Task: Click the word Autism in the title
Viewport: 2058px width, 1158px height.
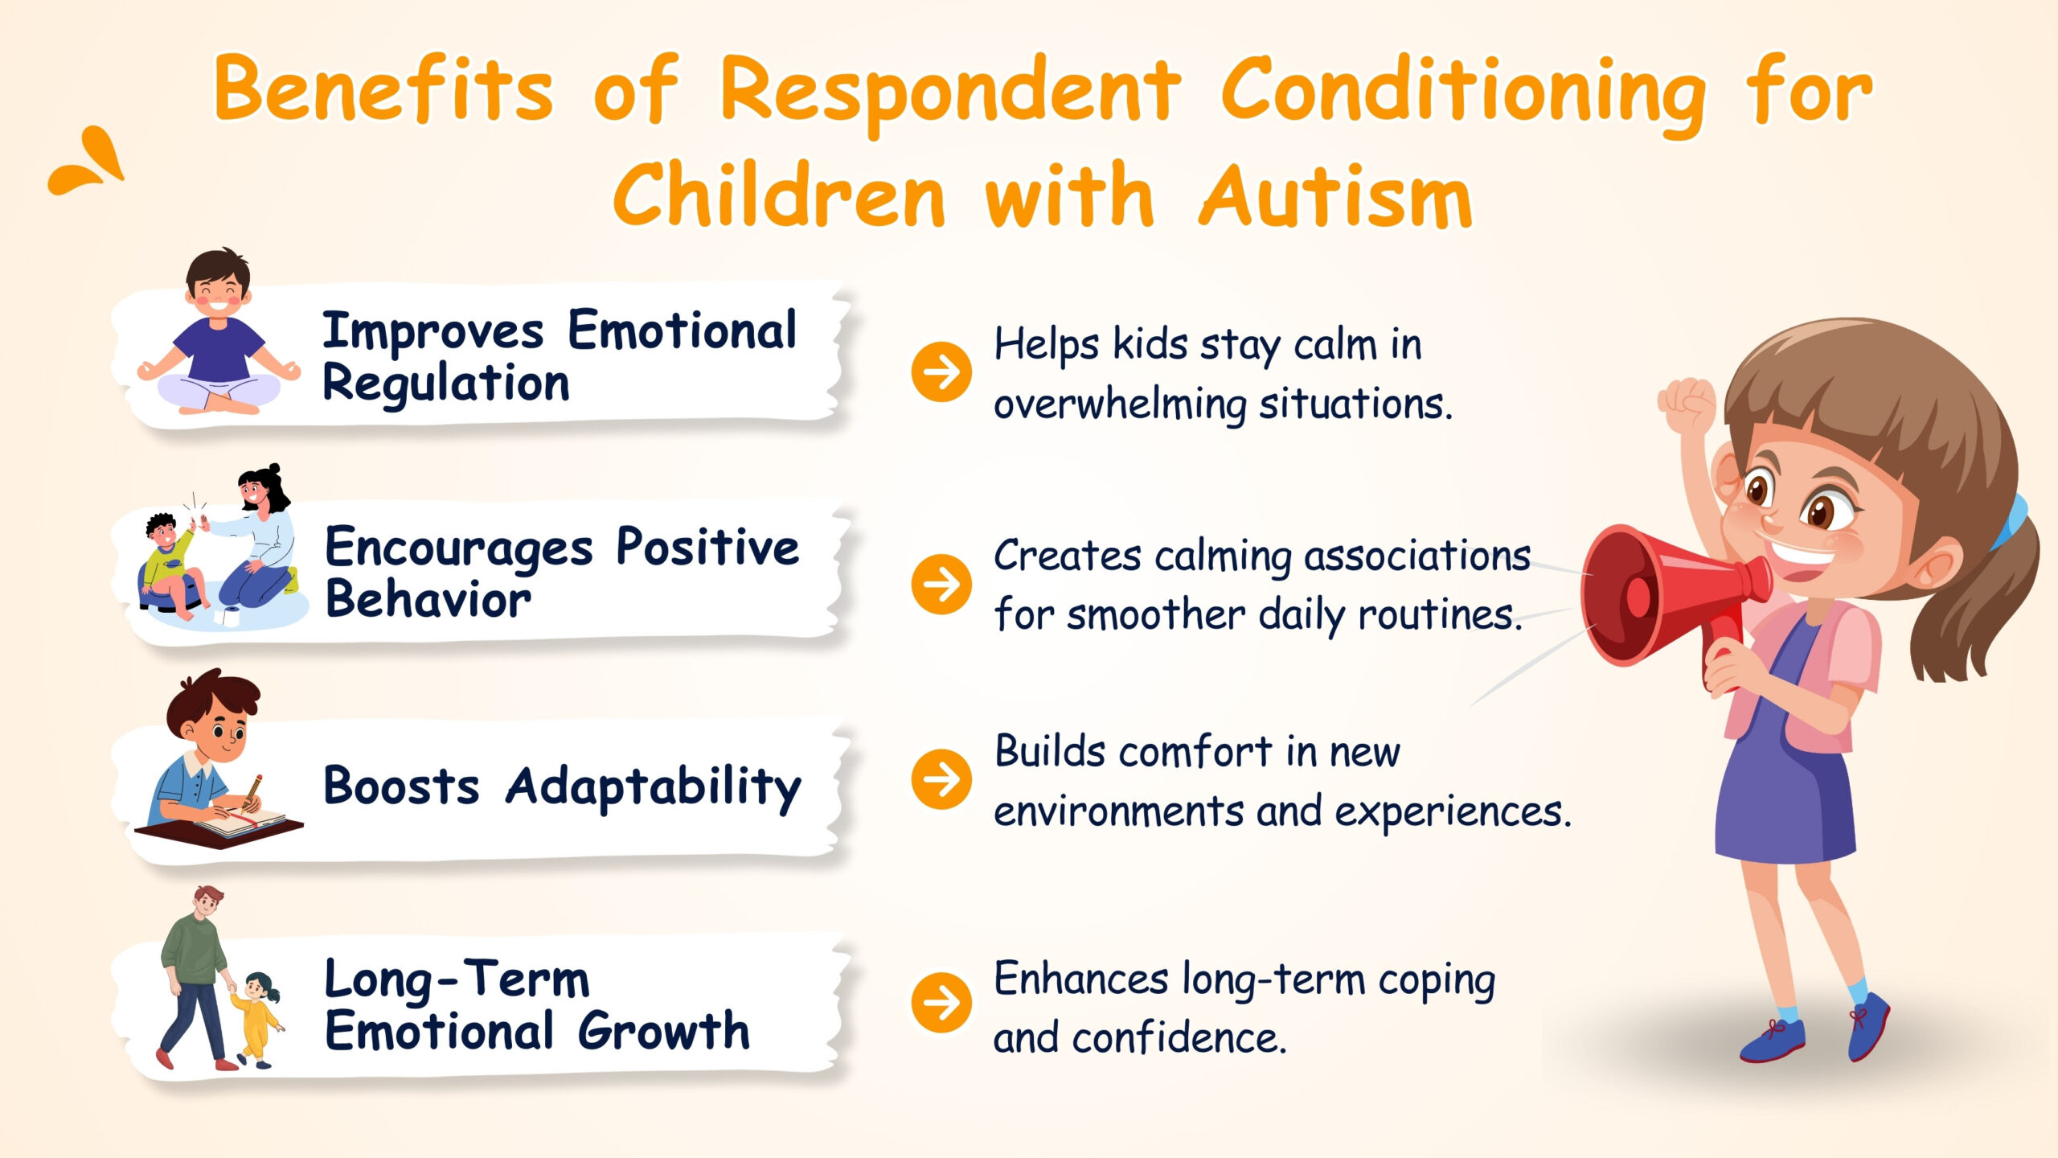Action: pyautogui.click(x=1335, y=196)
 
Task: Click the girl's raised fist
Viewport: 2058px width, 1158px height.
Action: pyautogui.click(x=1686, y=405)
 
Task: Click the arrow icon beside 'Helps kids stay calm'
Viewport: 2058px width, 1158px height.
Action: pyautogui.click(x=941, y=372)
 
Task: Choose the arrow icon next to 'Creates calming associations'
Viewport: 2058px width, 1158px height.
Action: pyautogui.click(x=941, y=584)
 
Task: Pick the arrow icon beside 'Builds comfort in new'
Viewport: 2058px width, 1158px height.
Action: pyautogui.click(x=941, y=779)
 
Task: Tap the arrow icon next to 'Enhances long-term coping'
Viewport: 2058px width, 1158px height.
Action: pyautogui.click(x=941, y=1003)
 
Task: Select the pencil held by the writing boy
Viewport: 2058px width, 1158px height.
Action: pyautogui.click(x=253, y=792)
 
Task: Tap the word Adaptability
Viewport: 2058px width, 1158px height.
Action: pyautogui.click(x=654, y=787)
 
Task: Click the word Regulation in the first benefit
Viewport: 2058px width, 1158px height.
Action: pyautogui.click(x=446, y=384)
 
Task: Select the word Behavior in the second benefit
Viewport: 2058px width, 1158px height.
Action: pyautogui.click(x=428, y=599)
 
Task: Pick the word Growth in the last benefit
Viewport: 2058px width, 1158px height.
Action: pyautogui.click(x=664, y=1030)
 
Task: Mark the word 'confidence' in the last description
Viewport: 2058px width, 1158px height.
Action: pyautogui.click(x=1180, y=1037)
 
